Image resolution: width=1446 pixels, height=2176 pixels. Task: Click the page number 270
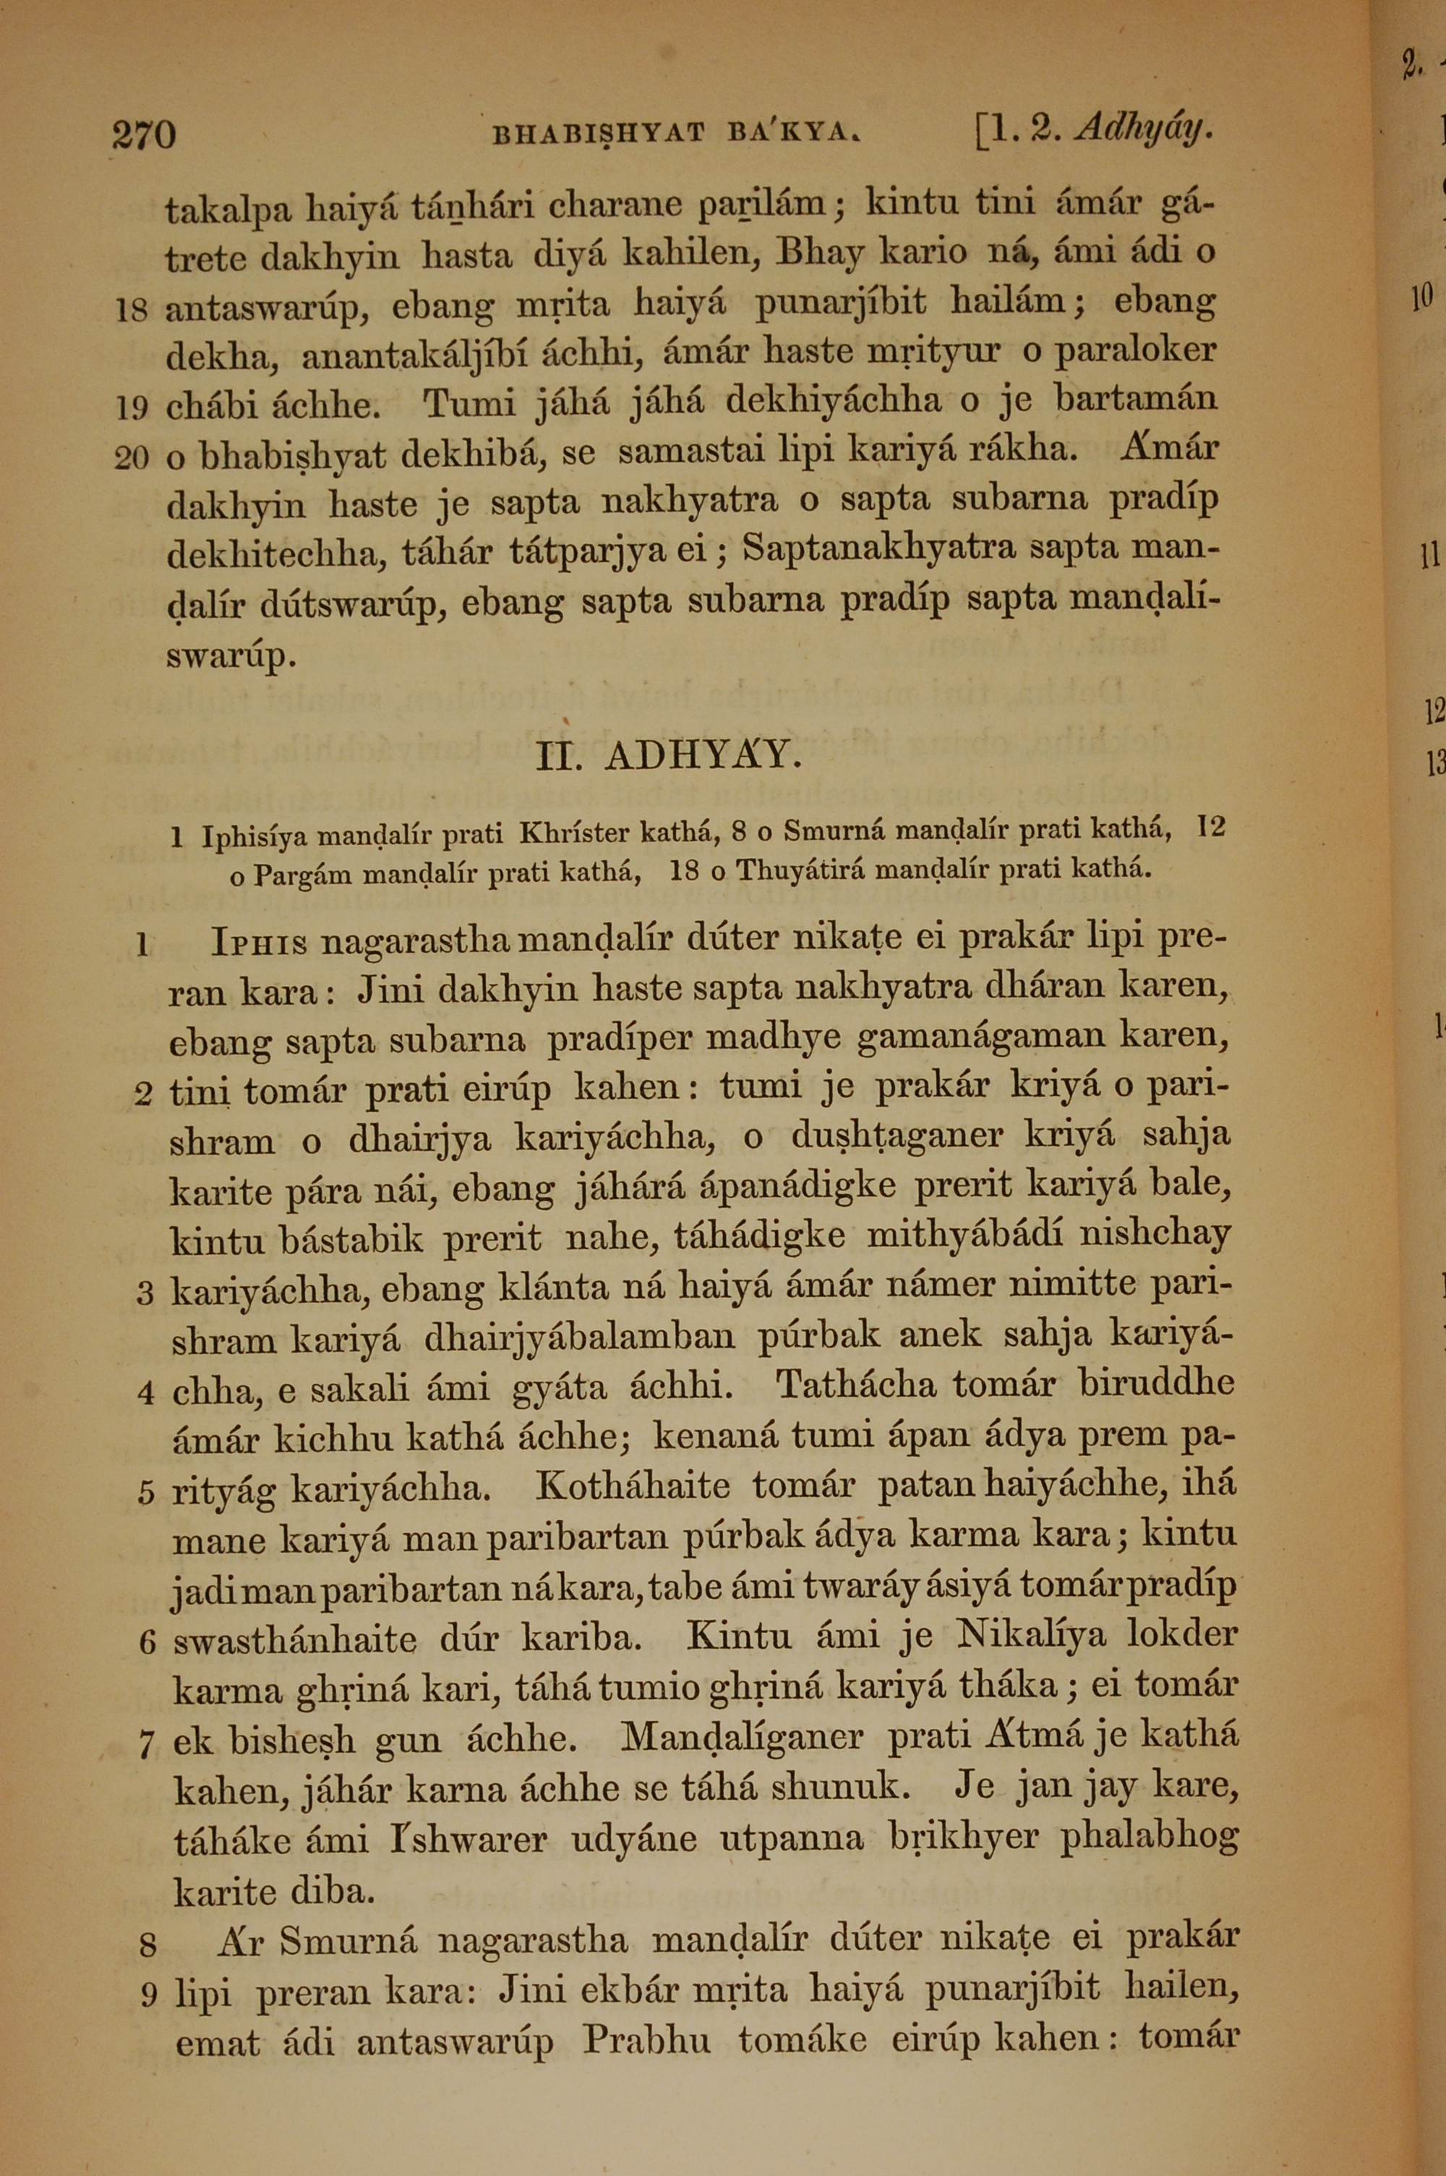(144, 135)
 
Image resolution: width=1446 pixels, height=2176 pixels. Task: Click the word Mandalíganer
(743, 1737)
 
